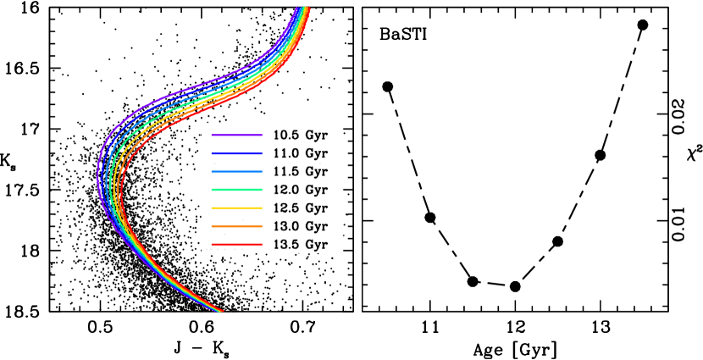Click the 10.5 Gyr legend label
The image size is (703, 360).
point(300,135)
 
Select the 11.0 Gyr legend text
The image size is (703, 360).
point(300,153)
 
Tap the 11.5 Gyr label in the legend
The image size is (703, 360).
point(300,172)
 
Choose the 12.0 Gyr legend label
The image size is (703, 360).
point(300,190)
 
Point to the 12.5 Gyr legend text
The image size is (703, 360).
point(300,208)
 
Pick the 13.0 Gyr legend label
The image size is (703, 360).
point(300,226)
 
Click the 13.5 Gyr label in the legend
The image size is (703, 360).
point(300,245)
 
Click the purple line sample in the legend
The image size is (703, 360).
point(237,135)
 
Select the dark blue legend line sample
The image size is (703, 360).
point(237,153)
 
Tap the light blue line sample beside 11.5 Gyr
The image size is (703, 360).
point(237,172)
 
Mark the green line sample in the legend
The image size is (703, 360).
point(237,190)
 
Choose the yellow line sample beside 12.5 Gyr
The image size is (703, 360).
point(237,208)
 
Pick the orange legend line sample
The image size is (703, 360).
point(237,226)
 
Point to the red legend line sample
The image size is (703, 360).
point(237,245)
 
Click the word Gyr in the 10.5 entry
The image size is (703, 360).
point(316,135)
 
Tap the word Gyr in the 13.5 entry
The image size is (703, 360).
point(316,245)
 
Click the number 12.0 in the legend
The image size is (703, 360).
point(285,190)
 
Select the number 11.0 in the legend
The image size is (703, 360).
point(285,153)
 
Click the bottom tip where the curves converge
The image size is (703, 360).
point(221,311)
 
